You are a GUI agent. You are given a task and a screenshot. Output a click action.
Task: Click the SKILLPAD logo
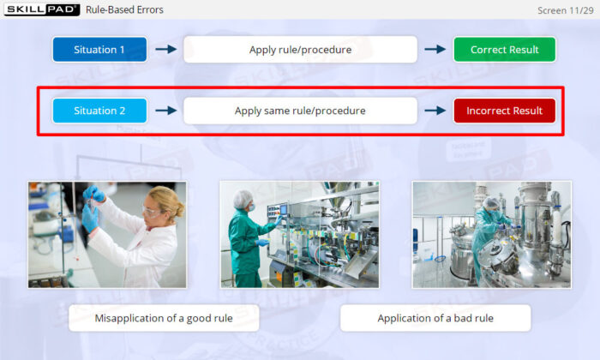click(x=42, y=9)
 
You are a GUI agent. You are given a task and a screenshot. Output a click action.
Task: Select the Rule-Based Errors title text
click(x=124, y=10)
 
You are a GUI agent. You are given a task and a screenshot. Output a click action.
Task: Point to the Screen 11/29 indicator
click(x=565, y=10)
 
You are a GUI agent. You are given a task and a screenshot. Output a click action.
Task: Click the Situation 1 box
click(x=99, y=50)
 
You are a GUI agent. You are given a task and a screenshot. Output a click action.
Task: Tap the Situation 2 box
click(x=99, y=111)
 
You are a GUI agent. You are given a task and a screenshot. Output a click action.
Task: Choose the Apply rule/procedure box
click(x=300, y=50)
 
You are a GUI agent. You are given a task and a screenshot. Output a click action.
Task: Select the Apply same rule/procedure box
click(x=300, y=111)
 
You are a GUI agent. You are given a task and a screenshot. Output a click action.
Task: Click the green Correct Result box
click(x=504, y=50)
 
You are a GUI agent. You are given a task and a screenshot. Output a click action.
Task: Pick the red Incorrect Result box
click(x=504, y=111)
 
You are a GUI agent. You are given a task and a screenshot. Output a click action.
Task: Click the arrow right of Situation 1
click(x=166, y=49)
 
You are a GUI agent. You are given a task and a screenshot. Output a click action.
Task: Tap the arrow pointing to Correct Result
click(x=435, y=49)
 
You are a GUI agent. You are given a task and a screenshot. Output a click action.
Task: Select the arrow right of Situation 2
click(x=166, y=111)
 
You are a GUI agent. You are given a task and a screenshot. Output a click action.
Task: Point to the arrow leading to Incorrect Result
click(x=435, y=111)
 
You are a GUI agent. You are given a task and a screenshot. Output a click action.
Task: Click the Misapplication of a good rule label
click(x=164, y=318)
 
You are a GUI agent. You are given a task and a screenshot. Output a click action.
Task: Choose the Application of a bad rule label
click(x=435, y=318)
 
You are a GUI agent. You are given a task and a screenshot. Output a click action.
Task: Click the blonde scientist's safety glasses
click(x=152, y=212)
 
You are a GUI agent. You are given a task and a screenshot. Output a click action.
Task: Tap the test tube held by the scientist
click(x=91, y=204)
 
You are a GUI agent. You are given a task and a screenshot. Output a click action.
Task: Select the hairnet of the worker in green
click(x=243, y=198)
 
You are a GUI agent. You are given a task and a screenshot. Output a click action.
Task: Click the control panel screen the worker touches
click(x=284, y=210)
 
